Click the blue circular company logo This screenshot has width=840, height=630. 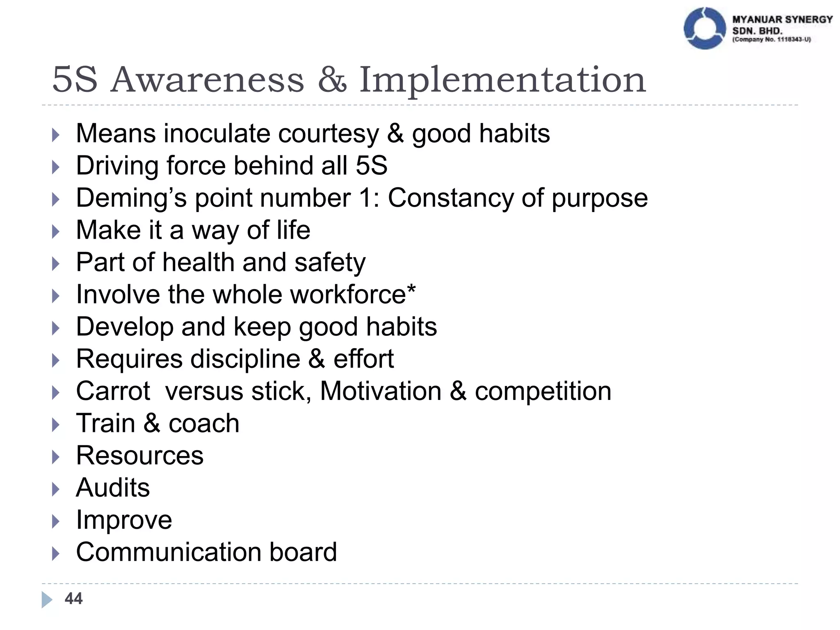pos(705,28)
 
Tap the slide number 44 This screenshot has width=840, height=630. pos(74,599)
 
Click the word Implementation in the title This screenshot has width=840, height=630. pos(502,80)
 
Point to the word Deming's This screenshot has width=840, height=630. pos(131,198)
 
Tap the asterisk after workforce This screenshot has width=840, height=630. pos(411,289)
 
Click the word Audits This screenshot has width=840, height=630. pos(113,488)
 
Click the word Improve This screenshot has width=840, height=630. pos(124,520)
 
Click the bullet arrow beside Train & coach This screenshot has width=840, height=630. pos(56,425)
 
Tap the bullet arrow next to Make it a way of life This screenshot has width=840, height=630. pos(56,231)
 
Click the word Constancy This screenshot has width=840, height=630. pos(450,198)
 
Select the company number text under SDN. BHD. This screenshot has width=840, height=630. pos(772,40)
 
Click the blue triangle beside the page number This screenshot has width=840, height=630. pos(47,599)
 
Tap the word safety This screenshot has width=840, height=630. pos(330,262)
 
